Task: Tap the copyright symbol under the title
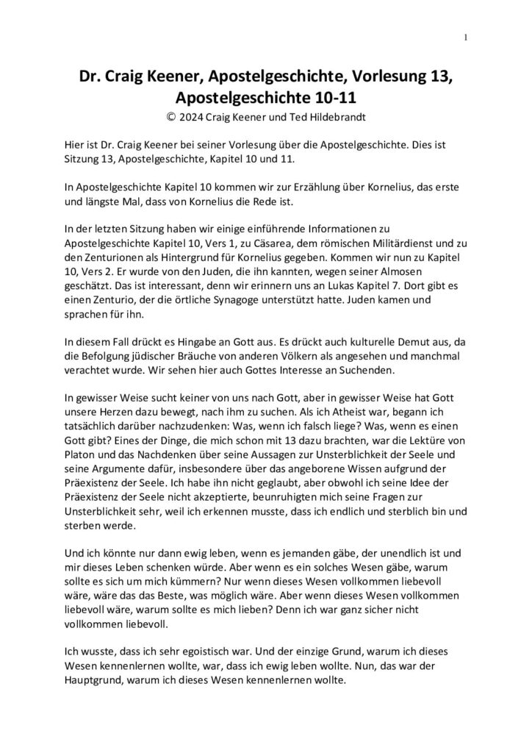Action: coord(171,116)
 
